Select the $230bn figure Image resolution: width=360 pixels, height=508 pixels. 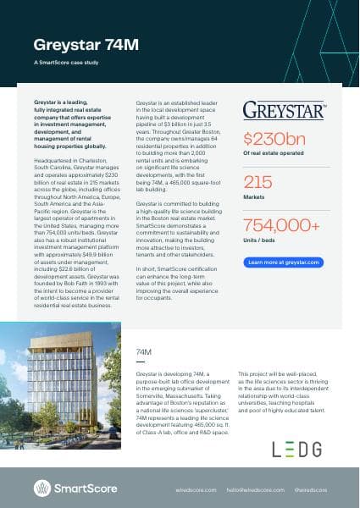(x=274, y=139)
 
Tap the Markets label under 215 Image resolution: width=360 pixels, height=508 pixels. (x=254, y=198)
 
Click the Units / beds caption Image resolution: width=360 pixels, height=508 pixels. (x=259, y=241)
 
